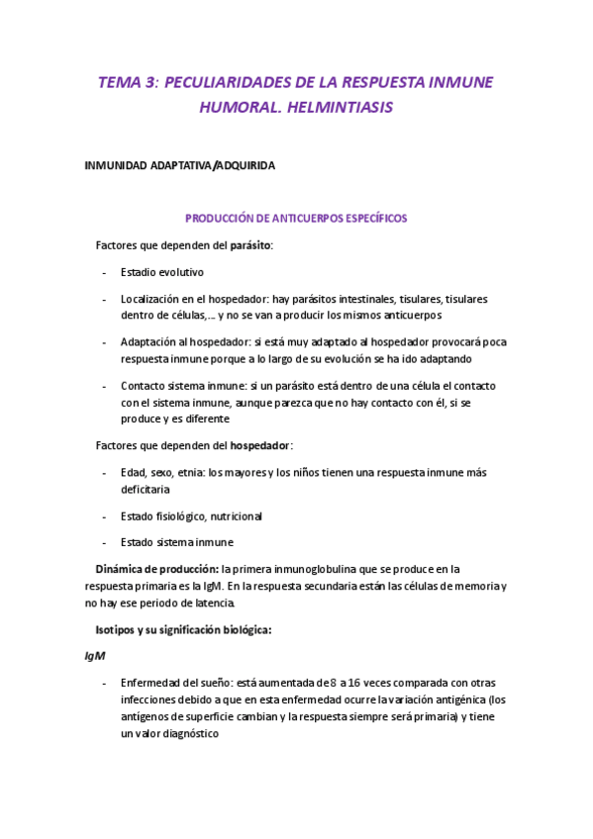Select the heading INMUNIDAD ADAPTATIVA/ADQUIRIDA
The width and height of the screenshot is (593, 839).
[x=179, y=166]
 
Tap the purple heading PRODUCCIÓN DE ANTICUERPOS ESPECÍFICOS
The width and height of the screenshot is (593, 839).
[x=296, y=218]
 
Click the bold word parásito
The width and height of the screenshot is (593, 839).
[x=250, y=244]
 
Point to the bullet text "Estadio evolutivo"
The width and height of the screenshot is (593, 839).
[x=162, y=272]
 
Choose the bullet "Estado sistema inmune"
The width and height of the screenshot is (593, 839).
[x=177, y=542]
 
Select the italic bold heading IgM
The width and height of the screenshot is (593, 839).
[x=95, y=656]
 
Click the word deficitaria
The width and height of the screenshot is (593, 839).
[x=146, y=489]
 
